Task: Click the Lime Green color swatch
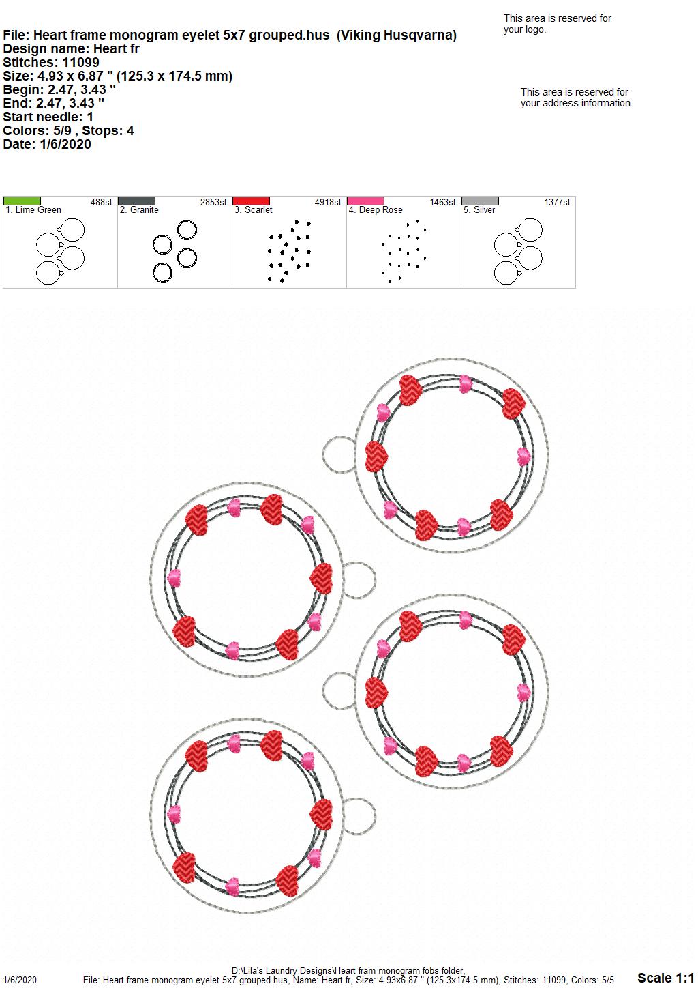[22, 201]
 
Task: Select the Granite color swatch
[136, 201]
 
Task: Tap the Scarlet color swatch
[251, 201]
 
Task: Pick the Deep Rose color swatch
[366, 201]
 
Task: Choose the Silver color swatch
[481, 201]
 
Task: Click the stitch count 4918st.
[329, 203]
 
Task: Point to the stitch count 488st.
[102, 203]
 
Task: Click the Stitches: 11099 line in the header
[51, 62]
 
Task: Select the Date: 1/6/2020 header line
[47, 144]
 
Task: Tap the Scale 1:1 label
[666, 977]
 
